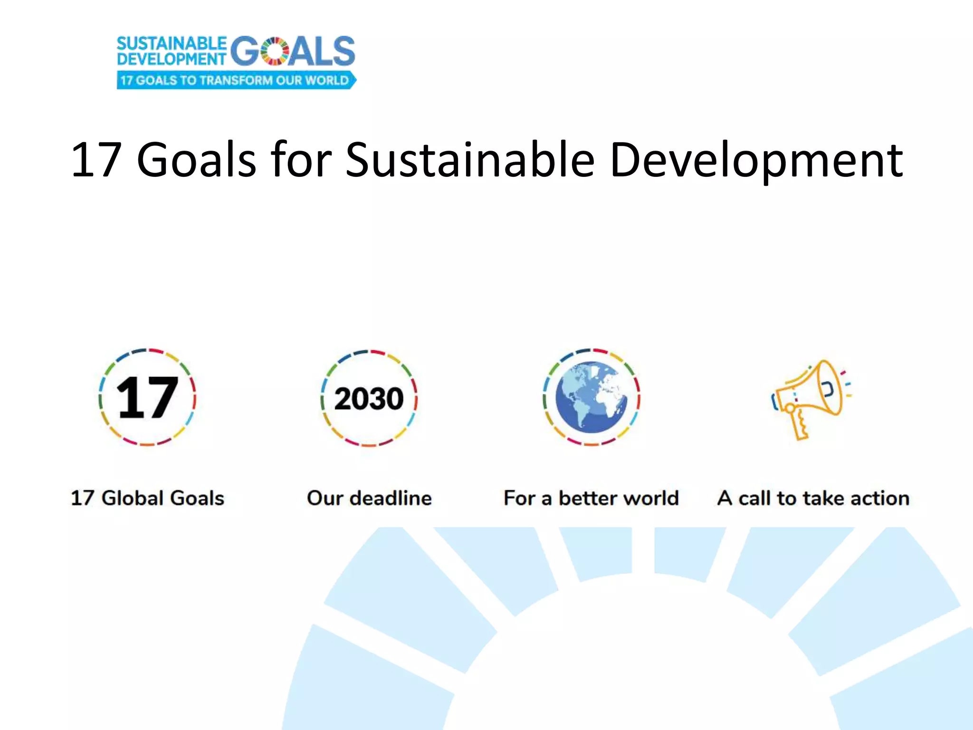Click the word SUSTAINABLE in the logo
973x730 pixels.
(172, 44)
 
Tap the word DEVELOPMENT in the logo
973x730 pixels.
(172, 59)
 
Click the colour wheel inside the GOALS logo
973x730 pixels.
(275, 51)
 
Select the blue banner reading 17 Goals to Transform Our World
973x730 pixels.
(236, 80)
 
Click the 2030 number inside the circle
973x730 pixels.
(369, 398)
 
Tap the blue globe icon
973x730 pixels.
(591, 397)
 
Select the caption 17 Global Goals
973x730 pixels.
(147, 498)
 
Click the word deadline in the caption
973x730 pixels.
(391, 498)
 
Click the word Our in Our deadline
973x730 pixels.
(325, 498)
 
